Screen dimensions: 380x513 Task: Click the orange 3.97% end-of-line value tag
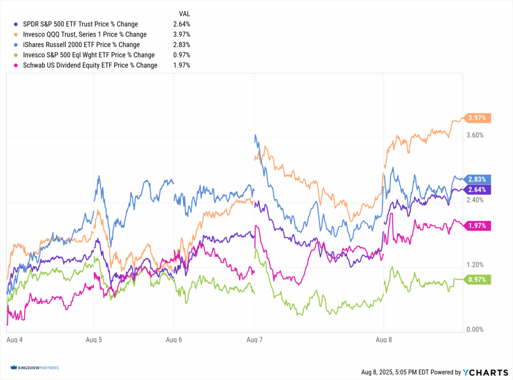[478, 118]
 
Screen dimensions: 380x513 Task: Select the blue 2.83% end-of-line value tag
[478, 179]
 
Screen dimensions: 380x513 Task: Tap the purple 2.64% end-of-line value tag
[478, 189]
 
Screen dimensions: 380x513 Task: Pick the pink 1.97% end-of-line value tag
[478, 225]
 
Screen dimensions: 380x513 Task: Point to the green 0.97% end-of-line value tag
[478, 280]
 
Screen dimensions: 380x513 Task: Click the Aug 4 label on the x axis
[15, 339]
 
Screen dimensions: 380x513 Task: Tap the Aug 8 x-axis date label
[383, 339]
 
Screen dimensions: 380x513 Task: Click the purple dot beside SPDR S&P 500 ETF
[18, 24]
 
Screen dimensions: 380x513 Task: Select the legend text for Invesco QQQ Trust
[85, 35]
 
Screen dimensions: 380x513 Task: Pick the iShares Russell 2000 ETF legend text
[81, 45]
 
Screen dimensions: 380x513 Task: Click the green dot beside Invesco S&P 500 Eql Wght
[18, 55]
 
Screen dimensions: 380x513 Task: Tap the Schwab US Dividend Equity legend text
[90, 65]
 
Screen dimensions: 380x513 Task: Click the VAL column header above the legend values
[184, 14]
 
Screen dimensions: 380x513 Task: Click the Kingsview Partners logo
[34, 368]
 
